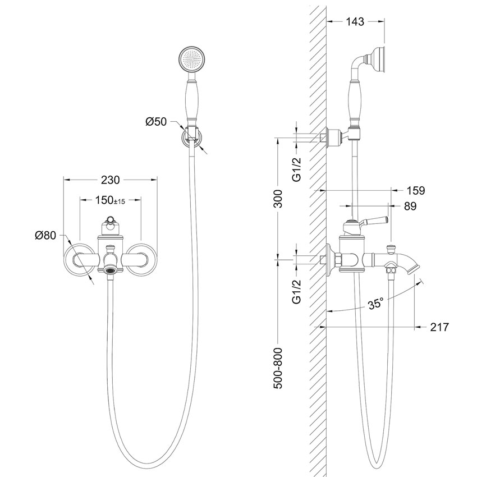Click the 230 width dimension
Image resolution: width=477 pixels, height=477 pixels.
pos(111,180)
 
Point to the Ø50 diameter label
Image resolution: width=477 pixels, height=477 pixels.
pos(157,122)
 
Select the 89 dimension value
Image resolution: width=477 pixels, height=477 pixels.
pos(410,207)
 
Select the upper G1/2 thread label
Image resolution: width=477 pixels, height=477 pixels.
pos(298,167)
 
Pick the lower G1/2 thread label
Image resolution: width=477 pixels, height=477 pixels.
pos(298,290)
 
